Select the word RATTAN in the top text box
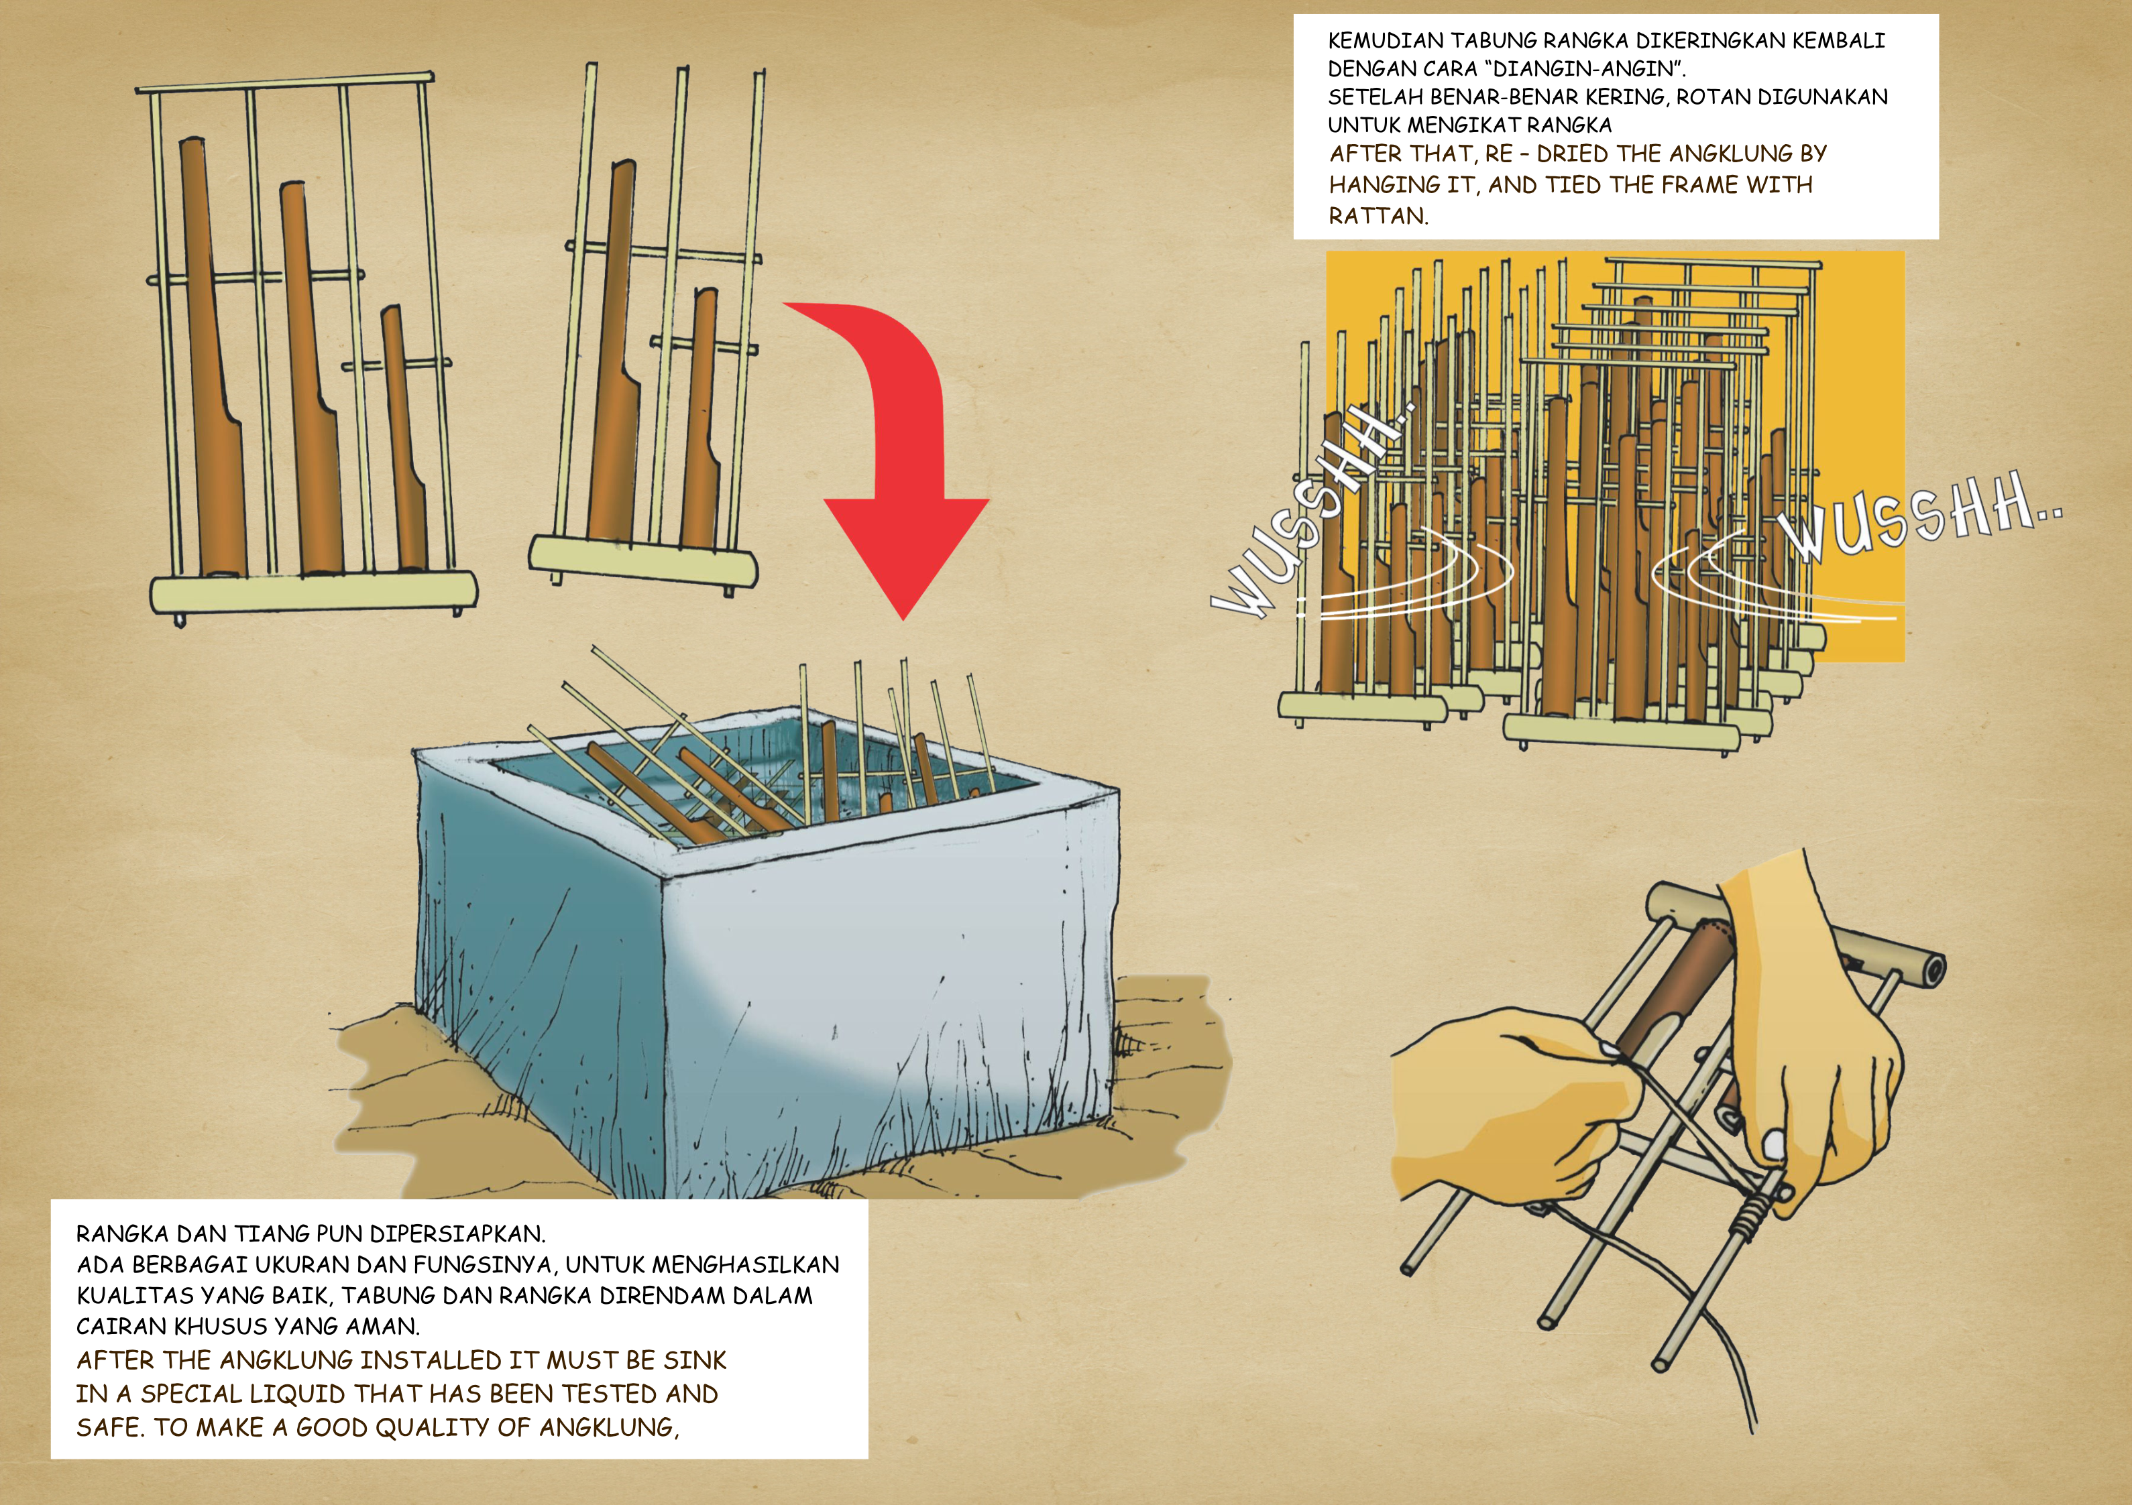tap(1379, 217)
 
